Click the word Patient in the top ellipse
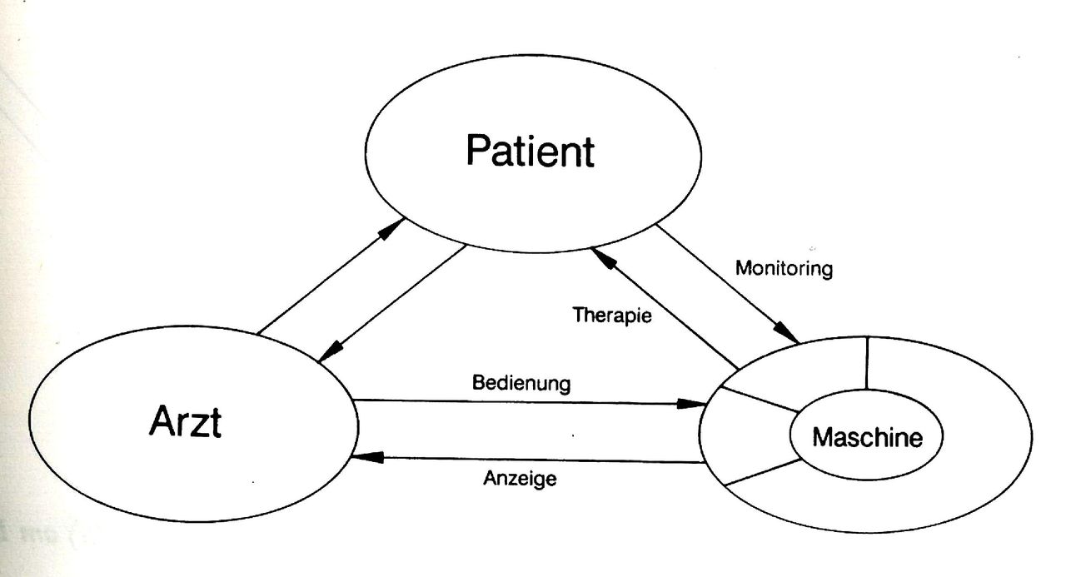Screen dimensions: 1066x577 [531, 151]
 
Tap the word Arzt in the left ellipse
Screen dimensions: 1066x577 [185, 421]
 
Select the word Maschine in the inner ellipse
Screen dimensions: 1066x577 [867, 437]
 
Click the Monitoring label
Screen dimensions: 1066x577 [785, 269]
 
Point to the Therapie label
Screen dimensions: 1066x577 [612, 316]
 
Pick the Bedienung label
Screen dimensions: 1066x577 [521, 383]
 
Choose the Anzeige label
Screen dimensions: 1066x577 [520, 478]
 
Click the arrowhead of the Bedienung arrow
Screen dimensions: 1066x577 [691, 404]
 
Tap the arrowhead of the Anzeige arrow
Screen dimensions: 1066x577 [367, 458]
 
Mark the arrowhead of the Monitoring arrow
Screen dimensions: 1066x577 [785, 331]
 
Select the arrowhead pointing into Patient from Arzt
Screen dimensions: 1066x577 [391, 229]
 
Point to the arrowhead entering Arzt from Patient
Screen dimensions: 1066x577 [331, 352]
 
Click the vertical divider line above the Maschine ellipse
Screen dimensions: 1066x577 [867, 363]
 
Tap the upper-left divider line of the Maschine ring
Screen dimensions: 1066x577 [760, 400]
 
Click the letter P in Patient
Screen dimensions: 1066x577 [478, 151]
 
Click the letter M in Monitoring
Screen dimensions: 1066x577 [744, 268]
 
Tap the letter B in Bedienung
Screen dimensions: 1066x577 [478, 382]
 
